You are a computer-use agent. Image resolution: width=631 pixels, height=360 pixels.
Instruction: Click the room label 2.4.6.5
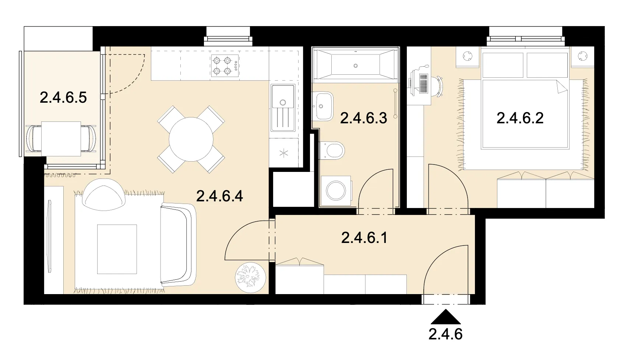63,98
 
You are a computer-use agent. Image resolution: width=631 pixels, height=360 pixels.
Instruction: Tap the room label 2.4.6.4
219,196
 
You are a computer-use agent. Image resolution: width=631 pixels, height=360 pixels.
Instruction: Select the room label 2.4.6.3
363,118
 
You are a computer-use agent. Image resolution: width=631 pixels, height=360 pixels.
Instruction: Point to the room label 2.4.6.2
520,118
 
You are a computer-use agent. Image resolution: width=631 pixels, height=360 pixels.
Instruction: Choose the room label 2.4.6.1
364,238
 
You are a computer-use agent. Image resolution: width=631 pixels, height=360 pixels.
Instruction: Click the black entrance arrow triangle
446,317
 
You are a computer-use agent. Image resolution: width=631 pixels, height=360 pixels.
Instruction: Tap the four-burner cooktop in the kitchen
225,66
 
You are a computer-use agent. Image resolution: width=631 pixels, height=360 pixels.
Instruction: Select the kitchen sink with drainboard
283,108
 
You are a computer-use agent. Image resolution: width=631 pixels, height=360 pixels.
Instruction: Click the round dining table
191,139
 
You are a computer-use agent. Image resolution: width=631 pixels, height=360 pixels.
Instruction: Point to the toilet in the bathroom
332,150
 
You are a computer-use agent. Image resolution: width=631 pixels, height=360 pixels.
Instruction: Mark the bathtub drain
356,66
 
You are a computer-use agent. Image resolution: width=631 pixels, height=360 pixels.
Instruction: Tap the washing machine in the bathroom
336,191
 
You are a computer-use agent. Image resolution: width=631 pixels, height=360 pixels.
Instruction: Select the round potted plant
250,278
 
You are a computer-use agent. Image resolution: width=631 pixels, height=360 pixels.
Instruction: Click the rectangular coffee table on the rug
117,249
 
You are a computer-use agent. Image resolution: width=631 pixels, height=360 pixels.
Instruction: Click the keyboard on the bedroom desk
423,84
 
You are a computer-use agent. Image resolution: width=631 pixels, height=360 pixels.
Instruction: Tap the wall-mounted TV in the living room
50,236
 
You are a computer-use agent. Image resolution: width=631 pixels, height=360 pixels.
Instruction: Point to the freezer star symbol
284,153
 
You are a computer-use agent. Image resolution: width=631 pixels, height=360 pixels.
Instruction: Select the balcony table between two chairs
61,139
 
